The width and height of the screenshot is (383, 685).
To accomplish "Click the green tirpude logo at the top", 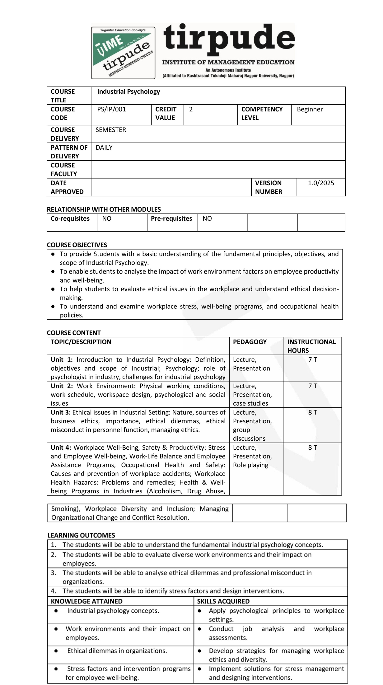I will click(x=123, y=53).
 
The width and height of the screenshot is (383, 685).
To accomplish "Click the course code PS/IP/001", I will click(x=111, y=109).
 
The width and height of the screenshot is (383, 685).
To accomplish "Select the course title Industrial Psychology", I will click(x=128, y=91).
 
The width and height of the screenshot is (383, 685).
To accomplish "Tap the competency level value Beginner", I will click(x=310, y=109).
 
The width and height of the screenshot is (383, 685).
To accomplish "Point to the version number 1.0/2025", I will click(x=321, y=183).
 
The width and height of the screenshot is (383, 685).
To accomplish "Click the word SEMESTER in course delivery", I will click(x=111, y=130).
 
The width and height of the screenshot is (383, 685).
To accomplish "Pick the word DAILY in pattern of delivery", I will click(x=104, y=148).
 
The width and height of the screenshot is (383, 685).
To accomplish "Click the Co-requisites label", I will click(x=70, y=218).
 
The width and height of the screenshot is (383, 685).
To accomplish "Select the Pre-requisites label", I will click(x=171, y=218).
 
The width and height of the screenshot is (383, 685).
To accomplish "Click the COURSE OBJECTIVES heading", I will click(x=77, y=245).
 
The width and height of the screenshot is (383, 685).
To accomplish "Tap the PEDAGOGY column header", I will click(x=250, y=342).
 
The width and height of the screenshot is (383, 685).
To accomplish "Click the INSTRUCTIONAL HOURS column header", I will click(x=311, y=346).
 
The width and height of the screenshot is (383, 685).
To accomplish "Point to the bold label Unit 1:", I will click(x=62, y=360).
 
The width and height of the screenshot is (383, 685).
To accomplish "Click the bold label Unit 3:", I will click(x=61, y=412).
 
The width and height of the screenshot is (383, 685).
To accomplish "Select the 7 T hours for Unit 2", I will click(x=313, y=386).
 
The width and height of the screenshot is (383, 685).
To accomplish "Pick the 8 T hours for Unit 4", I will click(x=313, y=448).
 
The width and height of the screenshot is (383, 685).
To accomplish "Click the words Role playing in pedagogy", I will click(x=250, y=465).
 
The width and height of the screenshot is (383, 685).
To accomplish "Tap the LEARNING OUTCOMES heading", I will click(x=81, y=535).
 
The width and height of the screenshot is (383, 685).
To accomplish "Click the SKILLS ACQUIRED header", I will click(x=223, y=601).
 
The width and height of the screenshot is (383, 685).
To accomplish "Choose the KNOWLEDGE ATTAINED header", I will click(x=86, y=601).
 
